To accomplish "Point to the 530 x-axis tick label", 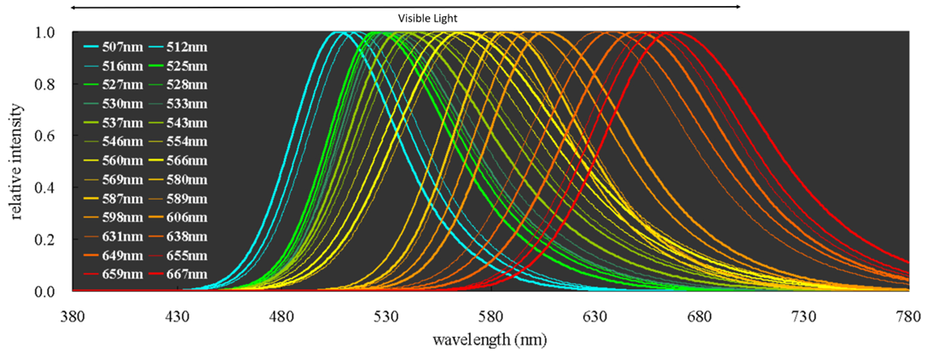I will (386, 316).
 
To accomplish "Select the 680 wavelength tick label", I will (699, 316).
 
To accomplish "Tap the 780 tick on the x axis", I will (907, 316).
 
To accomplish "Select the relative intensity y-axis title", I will (18, 162).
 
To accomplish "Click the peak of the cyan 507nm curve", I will (339, 33).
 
